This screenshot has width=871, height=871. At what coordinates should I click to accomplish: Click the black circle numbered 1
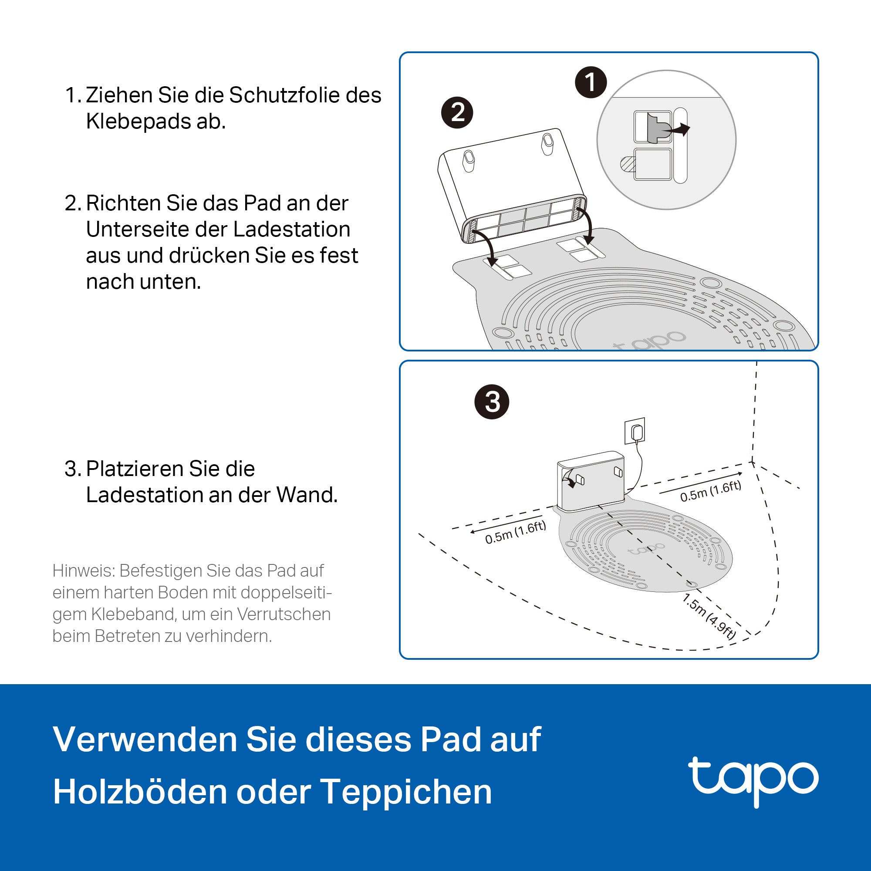point(591,82)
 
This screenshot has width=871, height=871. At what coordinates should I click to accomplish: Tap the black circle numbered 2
point(457,112)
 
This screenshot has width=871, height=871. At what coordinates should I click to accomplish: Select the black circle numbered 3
point(492,402)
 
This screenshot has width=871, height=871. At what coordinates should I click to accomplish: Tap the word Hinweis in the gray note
point(84,571)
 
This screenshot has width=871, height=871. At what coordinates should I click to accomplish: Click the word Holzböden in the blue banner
point(140,792)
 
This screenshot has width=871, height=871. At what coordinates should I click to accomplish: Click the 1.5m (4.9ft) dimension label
point(709,616)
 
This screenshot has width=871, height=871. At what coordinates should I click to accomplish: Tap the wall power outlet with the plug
point(635,431)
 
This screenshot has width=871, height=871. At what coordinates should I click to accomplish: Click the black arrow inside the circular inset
point(677,130)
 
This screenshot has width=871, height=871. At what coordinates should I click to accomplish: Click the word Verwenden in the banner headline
point(145,740)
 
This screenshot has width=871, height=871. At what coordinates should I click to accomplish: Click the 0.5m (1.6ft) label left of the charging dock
point(516,532)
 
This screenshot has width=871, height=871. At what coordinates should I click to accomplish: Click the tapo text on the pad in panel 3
point(646,549)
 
